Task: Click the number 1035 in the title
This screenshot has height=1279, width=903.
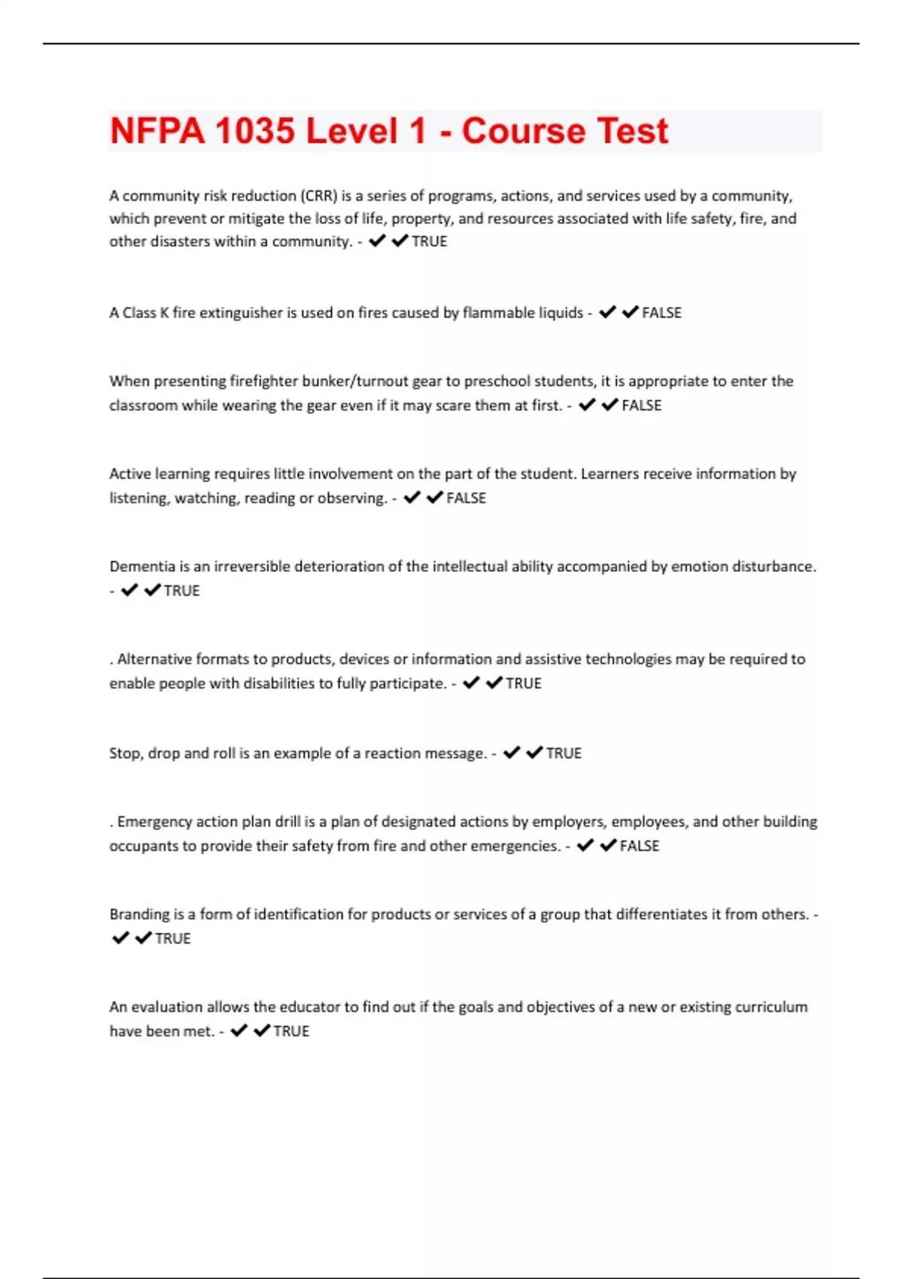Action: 254,131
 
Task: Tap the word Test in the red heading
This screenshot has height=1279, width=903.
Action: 632,131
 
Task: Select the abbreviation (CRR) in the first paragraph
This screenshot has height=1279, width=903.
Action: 319,196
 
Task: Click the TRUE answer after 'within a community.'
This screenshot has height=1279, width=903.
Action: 430,242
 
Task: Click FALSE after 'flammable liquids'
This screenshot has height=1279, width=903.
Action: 661,313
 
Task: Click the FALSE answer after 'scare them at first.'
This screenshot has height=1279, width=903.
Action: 642,406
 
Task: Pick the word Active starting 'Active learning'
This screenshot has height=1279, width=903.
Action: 129,474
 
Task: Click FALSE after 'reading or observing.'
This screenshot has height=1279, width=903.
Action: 467,498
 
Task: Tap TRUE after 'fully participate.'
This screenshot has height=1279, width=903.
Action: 524,683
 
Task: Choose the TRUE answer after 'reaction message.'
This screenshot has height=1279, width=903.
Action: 564,753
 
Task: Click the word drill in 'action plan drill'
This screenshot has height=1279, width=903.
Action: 287,822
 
